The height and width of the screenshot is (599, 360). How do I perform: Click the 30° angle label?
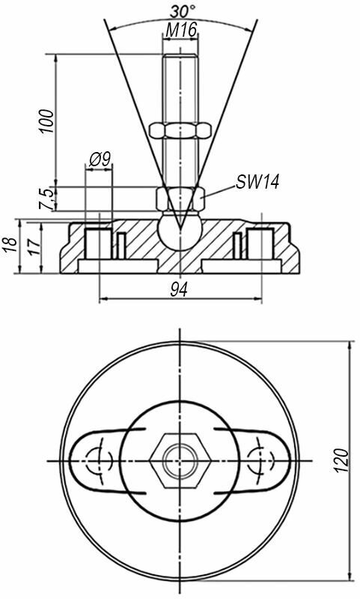(x=183, y=11)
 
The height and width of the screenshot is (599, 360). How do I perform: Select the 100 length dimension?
(x=46, y=121)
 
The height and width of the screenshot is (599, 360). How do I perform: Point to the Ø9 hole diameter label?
(x=100, y=159)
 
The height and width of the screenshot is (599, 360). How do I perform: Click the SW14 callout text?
(x=257, y=182)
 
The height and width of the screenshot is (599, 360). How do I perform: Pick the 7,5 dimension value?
(x=46, y=198)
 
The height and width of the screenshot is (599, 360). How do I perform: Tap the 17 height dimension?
(x=34, y=247)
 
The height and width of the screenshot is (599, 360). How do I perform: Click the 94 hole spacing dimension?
(x=179, y=291)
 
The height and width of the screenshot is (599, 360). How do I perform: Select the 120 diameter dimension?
(x=342, y=460)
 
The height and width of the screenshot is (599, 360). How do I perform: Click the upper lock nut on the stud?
(x=180, y=130)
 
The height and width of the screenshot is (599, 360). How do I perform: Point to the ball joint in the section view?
(x=180, y=231)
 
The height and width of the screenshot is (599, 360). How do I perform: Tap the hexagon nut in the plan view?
(x=180, y=460)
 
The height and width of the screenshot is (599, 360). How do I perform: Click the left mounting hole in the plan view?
(x=98, y=460)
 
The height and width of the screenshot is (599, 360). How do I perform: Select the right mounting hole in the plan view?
(x=261, y=460)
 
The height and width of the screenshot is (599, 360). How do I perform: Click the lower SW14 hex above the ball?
(x=180, y=198)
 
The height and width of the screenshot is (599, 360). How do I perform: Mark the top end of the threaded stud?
(x=180, y=55)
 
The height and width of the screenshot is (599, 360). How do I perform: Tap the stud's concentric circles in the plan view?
(x=180, y=460)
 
